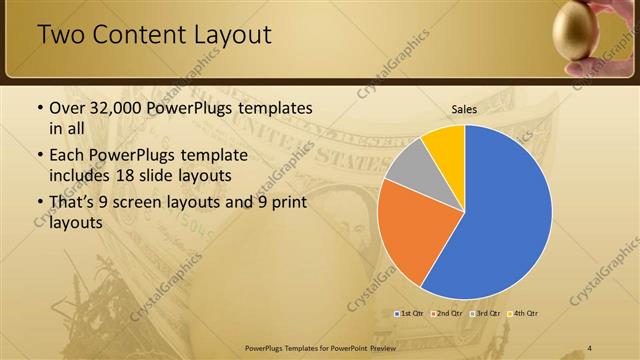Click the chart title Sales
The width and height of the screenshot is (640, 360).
(x=464, y=109)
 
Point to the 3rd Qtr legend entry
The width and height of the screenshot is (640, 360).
(x=486, y=314)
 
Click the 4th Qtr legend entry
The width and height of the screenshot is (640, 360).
(x=524, y=314)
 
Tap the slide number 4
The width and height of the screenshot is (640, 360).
(x=590, y=346)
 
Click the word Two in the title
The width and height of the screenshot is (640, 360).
(x=61, y=36)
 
